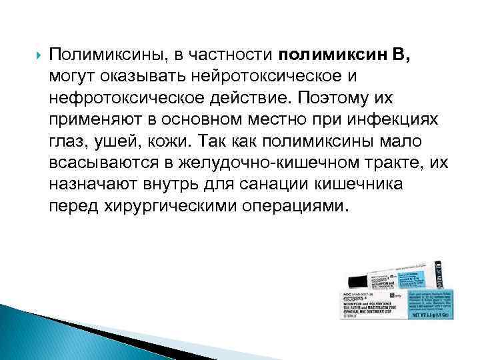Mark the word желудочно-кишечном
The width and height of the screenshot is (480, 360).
click(249, 164)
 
